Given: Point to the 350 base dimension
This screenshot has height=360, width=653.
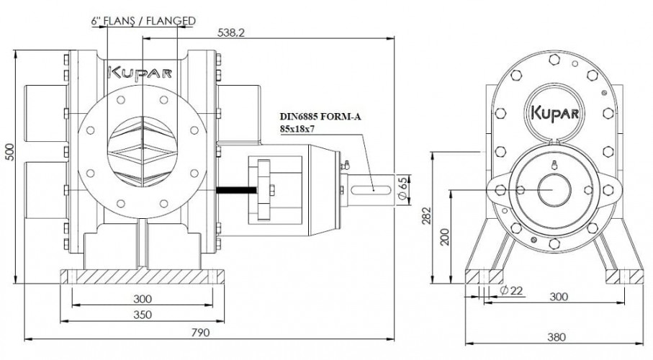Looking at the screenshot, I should coord(142,315).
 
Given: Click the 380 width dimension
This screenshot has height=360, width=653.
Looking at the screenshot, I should coord(557,336).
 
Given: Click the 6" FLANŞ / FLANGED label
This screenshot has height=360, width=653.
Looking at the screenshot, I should coord(143,21).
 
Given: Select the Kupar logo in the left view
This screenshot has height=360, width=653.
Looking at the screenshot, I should coord(130,73).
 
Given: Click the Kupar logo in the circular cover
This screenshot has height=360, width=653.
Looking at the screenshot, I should coord(556,114).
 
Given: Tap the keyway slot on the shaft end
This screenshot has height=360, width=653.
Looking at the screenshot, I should coord(374,189).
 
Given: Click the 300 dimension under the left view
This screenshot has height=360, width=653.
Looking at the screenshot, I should coord(142,297).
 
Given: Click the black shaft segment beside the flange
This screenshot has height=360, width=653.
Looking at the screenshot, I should coord(235,190).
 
